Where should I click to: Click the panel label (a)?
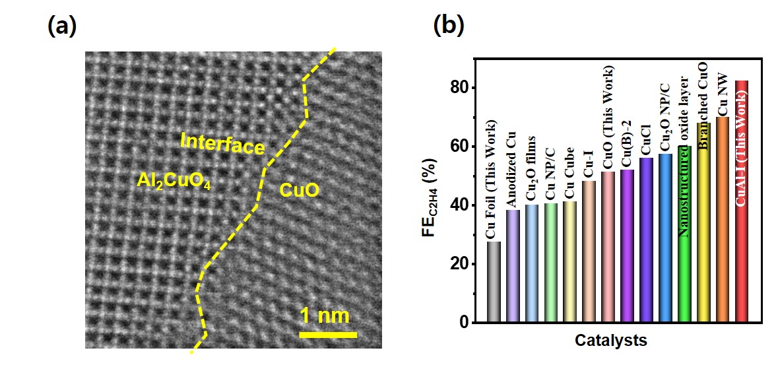(63, 26)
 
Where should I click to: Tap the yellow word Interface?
(222, 143)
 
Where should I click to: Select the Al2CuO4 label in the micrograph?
(174, 180)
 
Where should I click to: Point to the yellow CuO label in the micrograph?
(300, 191)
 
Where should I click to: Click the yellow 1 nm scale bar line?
(328, 335)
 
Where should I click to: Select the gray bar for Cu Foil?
(494, 283)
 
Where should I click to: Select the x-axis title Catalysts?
(610, 341)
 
